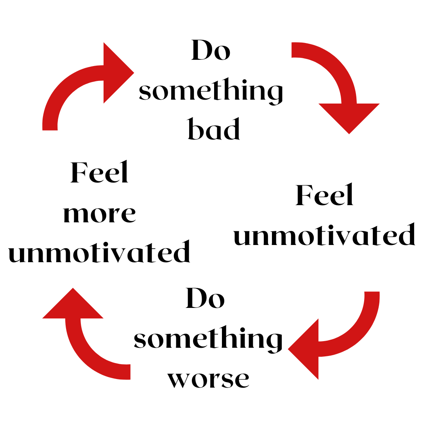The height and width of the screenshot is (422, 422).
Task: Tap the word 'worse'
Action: click(x=208, y=378)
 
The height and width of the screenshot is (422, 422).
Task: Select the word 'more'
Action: click(x=99, y=215)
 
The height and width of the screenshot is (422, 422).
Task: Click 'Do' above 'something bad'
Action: click(x=211, y=50)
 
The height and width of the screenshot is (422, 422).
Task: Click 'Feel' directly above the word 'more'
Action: click(x=100, y=173)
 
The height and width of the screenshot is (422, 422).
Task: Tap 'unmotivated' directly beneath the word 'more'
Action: click(x=99, y=252)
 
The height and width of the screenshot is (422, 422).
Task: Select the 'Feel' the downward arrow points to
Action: click(x=325, y=195)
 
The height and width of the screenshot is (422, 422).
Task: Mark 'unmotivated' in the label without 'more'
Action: click(x=324, y=235)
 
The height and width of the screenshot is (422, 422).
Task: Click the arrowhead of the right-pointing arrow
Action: click(x=117, y=73)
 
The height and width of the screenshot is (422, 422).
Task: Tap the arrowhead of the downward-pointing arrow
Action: click(x=349, y=117)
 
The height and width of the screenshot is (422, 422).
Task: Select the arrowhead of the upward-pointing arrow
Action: click(x=73, y=305)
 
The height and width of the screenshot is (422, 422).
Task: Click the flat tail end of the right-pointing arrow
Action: click(x=50, y=127)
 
